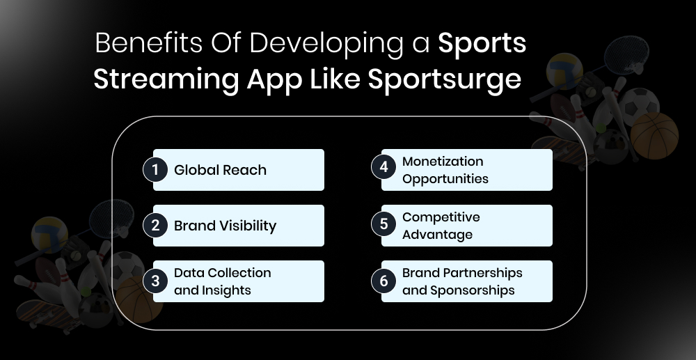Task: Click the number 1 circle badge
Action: pos(155,170)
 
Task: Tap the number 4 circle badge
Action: pos(383,169)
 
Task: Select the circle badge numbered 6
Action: pos(383,281)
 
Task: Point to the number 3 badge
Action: pos(155,281)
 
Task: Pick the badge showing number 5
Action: pos(383,225)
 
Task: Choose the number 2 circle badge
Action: pos(155,225)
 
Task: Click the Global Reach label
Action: pos(220,170)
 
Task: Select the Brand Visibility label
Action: pos(225,226)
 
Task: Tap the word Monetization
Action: pos(443,162)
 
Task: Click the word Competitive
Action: pos(441,217)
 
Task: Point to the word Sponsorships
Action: pos(472,290)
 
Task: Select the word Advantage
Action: pos(437,234)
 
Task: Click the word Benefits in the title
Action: pos(135,45)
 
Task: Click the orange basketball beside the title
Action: pos(654,136)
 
